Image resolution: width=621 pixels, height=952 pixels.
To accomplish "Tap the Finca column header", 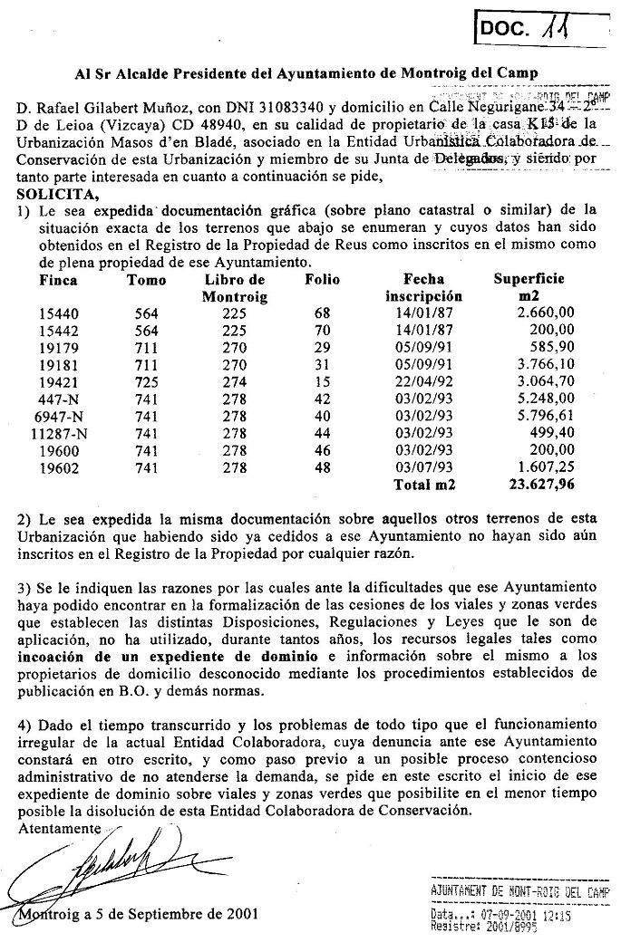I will point(59,280).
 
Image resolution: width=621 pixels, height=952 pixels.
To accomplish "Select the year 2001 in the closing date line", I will point(238,913).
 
